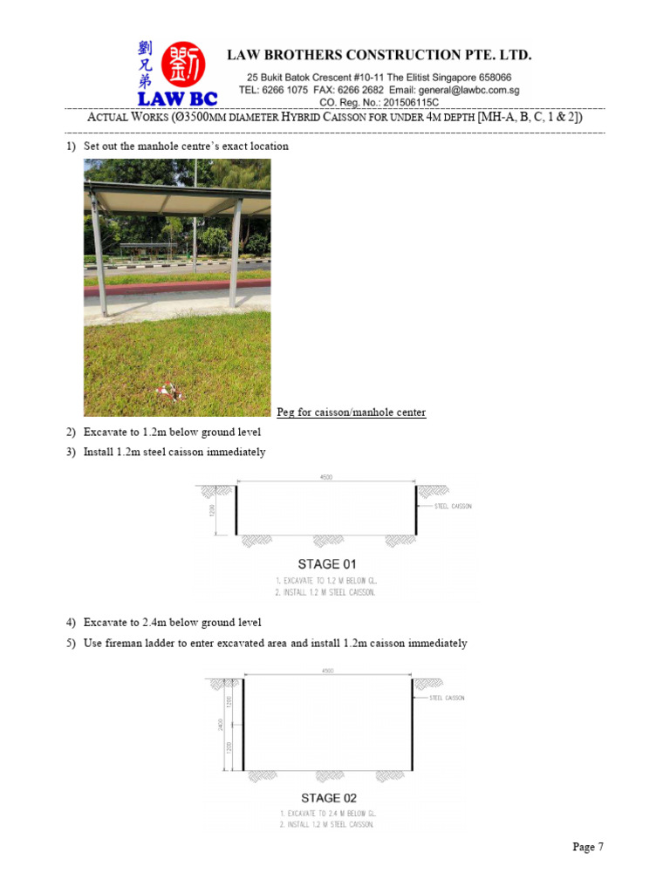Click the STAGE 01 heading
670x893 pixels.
pyautogui.click(x=327, y=564)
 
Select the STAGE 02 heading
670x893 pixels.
pyautogui.click(x=328, y=798)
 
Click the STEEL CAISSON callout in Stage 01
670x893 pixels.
pyautogui.click(x=453, y=507)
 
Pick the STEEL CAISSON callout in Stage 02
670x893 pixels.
pyautogui.click(x=448, y=699)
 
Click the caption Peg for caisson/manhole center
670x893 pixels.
pyautogui.click(x=351, y=412)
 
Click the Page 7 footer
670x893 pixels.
pyautogui.click(x=588, y=847)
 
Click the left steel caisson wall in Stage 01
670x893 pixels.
pyautogui.click(x=237, y=510)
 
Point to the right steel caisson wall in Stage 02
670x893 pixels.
pyautogui.click(x=413, y=726)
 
